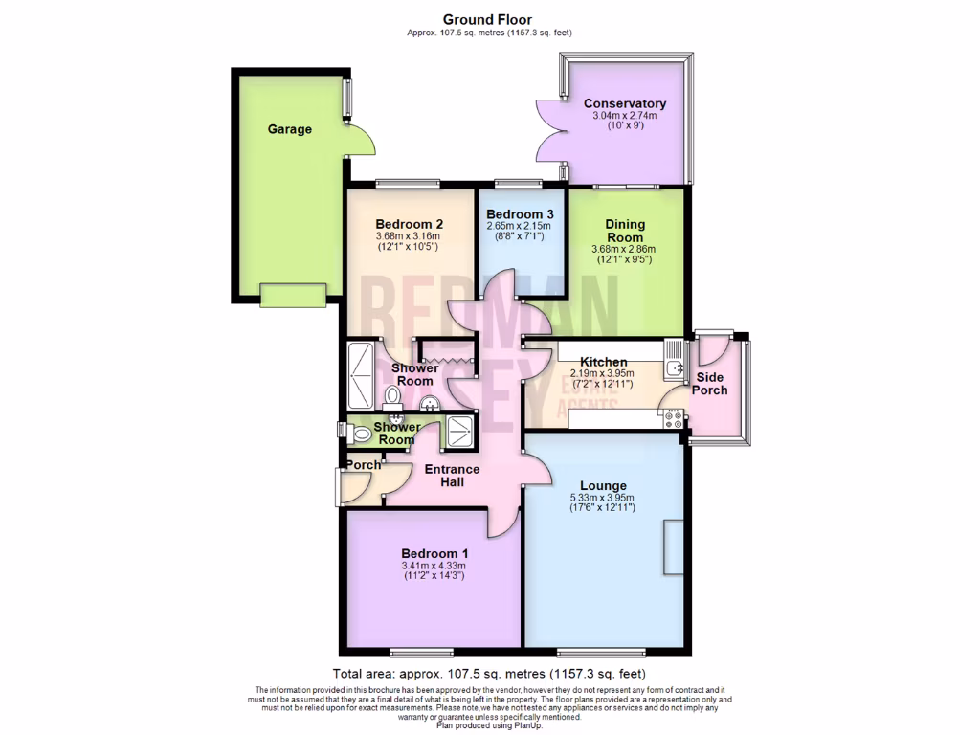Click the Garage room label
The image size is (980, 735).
click(x=289, y=129)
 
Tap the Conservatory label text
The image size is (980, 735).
click(x=624, y=103)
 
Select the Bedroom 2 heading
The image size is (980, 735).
click(x=409, y=224)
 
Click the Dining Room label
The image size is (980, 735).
click(x=625, y=231)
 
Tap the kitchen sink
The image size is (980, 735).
click(x=675, y=364)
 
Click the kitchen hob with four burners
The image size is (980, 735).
click(x=669, y=418)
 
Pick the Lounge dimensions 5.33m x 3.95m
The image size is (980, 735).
click(x=603, y=498)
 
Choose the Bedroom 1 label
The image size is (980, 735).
click(x=434, y=553)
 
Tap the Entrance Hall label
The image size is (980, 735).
click(x=452, y=476)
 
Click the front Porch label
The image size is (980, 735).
click(x=363, y=465)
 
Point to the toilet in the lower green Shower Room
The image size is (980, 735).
click(x=361, y=434)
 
